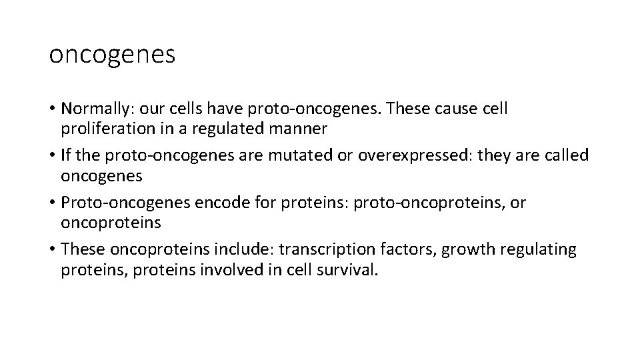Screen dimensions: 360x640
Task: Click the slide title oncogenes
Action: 112,55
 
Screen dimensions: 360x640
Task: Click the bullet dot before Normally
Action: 52,109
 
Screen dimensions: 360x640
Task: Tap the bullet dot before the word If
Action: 52,156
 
